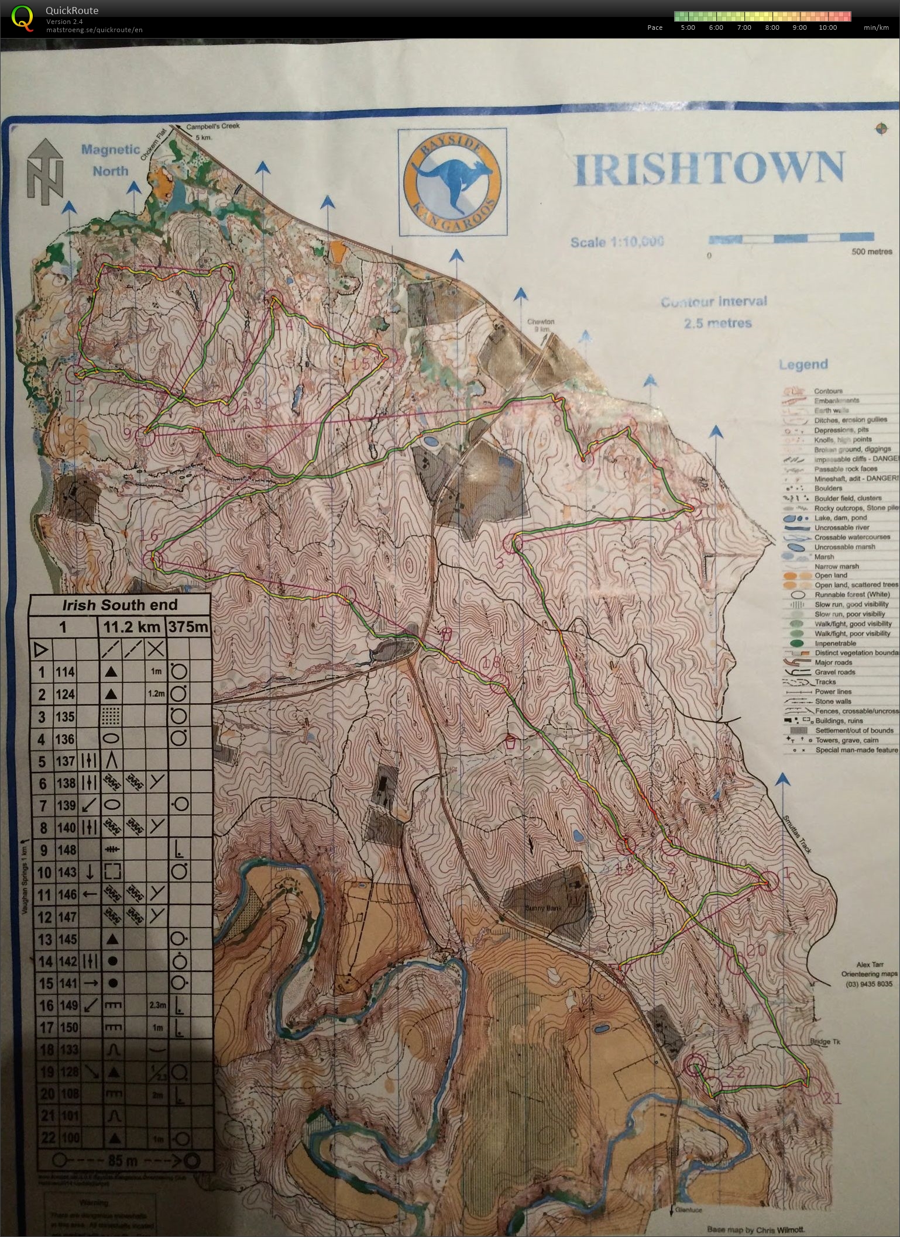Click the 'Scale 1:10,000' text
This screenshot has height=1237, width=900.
[617, 242]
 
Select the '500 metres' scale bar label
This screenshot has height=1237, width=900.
[871, 252]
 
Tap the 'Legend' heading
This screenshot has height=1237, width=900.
[802, 364]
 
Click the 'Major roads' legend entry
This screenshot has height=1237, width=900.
[833, 663]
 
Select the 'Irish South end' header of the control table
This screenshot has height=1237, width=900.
[119, 606]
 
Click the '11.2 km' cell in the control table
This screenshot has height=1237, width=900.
[131, 628]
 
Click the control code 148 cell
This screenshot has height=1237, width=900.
[66, 850]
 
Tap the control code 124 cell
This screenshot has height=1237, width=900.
[66, 694]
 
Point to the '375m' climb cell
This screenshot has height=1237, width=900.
[188, 628]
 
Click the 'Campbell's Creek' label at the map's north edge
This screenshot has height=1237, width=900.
[213, 126]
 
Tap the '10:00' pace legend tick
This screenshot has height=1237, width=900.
[827, 27]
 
